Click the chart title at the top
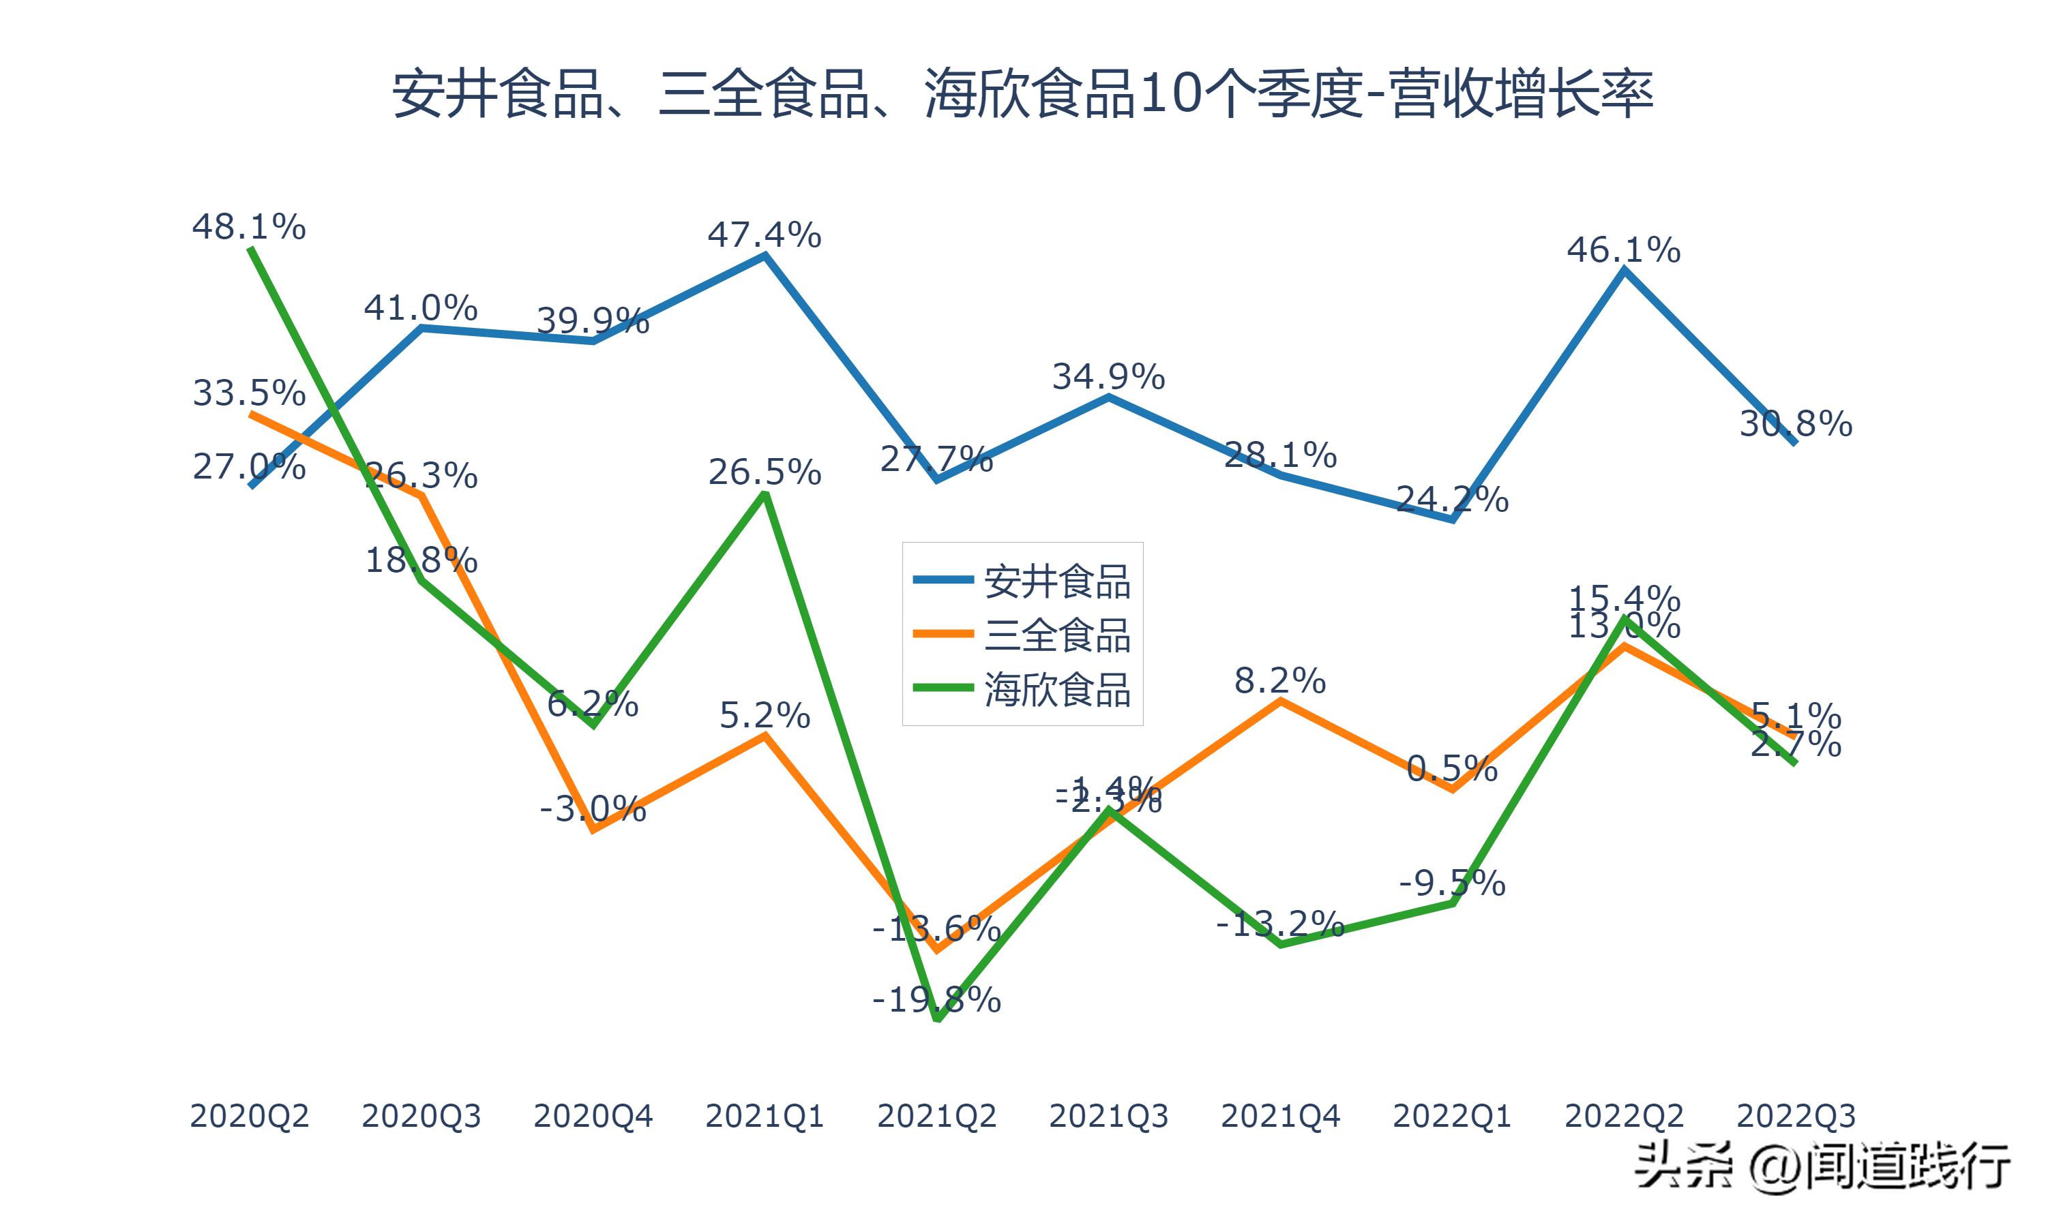click(x=1022, y=93)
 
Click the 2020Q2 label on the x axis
click(x=249, y=1116)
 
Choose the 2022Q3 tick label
click(x=1796, y=1116)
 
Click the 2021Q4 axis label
click(x=1280, y=1116)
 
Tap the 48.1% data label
click(x=249, y=226)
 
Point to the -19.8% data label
click(x=936, y=1001)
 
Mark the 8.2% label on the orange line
click(x=1280, y=681)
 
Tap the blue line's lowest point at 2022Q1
click(x=1452, y=520)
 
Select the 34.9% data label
click(x=1108, y=377)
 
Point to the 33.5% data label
click(x=249, y=393)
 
